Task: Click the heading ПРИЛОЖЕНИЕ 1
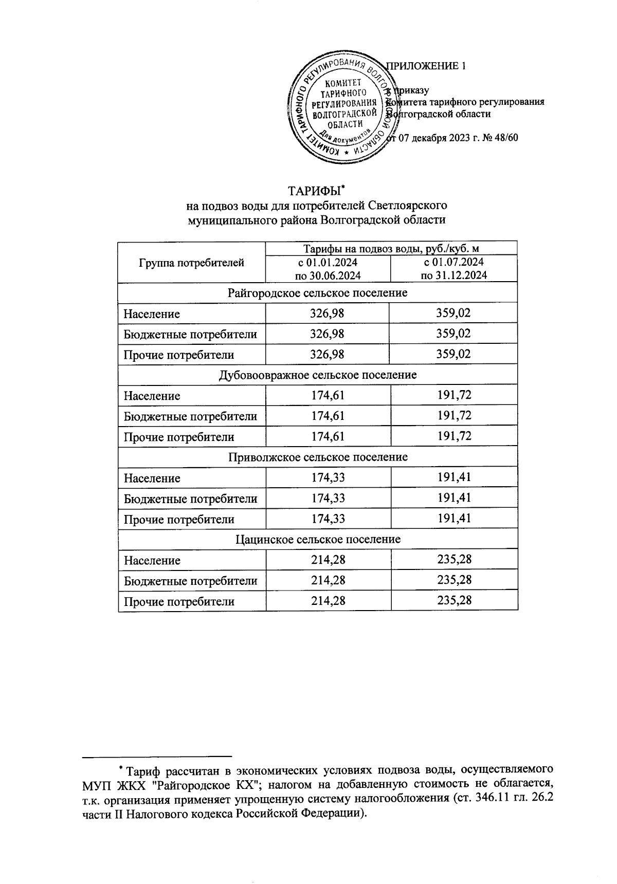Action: pyautogui.click(x=427, y=66)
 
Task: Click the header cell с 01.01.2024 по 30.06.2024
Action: pyautogui.click(x=328, y=268)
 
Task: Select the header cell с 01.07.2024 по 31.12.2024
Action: pyautogui.click(x=453, y=268)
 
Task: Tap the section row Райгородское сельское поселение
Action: pyautogui.click(x=317, y=293)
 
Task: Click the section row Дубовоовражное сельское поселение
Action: pyautogui.click(x=317, y=375)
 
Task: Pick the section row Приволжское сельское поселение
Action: pyautogui.click(x=317, y=457)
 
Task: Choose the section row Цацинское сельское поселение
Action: pyautogui.click(x=317, y=540)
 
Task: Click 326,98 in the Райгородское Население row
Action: pyautogui.click(x=328, y=314)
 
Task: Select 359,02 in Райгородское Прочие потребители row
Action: pyautogui.click(x=453, y=355)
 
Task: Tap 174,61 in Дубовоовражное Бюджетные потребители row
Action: pyautogui.click(x=328, y=416)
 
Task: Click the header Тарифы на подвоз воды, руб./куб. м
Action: pyautogui.click(x=391, y=249)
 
